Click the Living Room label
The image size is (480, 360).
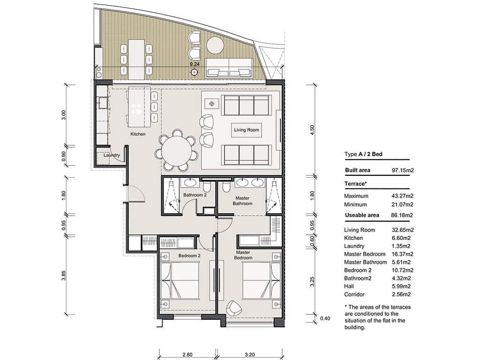[247, 130]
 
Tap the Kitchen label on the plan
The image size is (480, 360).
[138, 134]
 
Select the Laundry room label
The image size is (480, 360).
[112, 155]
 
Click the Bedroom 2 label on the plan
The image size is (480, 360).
[189, 256]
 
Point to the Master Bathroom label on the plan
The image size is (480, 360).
[242, 201]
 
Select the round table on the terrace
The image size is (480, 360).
[216, 45]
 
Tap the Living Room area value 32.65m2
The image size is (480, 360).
[401, 230]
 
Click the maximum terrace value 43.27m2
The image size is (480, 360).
[401, 196]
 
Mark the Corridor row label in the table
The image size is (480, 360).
[354, 294]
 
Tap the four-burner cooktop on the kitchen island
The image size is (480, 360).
[136, 108]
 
